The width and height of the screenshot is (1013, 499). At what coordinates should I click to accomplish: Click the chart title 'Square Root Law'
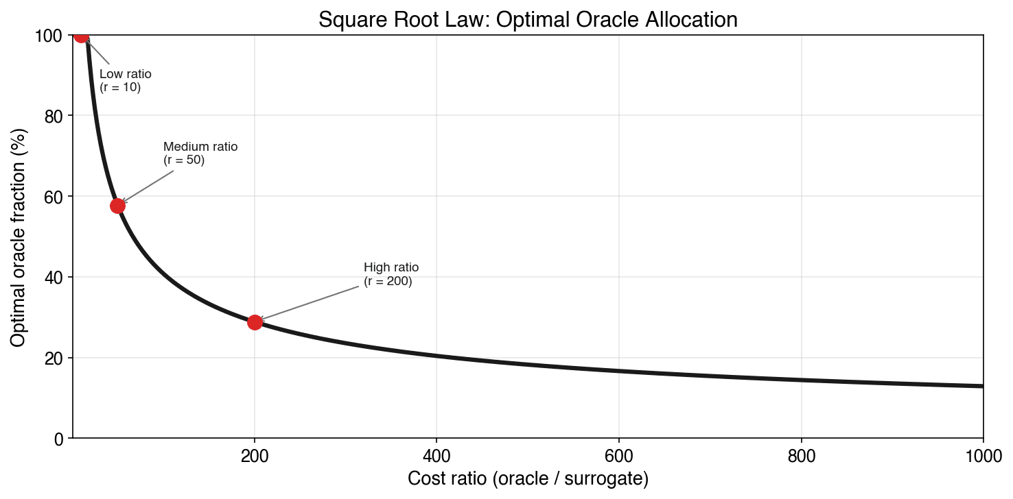point(528,19)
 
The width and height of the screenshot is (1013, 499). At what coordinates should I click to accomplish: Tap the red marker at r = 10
point(82,35)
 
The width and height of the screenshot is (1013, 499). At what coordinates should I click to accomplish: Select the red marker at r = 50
point(117,206)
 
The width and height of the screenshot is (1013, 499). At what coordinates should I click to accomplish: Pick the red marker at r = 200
point(255,322)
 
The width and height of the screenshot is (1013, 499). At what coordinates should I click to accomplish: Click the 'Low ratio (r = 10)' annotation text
point(125,81)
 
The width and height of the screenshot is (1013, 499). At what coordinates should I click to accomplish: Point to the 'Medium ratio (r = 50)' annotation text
point(200,154)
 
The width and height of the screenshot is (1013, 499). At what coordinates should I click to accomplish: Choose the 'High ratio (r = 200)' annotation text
point(391,274)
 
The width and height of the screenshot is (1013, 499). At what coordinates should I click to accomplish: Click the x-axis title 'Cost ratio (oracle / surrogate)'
point(528,479)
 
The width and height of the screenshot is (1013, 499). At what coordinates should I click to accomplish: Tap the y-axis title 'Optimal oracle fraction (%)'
point(19,236)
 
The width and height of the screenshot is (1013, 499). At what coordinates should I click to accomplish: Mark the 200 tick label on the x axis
point(255,455)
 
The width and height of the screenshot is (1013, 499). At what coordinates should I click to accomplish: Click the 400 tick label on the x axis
point(436,455)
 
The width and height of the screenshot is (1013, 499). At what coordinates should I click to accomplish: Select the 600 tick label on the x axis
point(619,455)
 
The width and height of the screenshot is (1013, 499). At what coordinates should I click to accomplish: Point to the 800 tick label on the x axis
point(801,455)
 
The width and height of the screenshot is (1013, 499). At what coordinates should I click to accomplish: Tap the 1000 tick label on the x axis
point(983,455)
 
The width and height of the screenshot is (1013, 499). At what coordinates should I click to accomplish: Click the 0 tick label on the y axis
point(59,439)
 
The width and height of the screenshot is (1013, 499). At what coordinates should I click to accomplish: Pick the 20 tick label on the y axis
point(55,358)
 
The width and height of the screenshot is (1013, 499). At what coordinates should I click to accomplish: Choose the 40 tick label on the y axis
point(55,278)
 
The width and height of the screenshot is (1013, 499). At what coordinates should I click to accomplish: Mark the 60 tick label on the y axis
point(55,197)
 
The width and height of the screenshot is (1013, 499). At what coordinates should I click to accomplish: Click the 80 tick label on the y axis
point(55,117)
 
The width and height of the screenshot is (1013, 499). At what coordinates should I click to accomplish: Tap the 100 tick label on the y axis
point(51,36)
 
